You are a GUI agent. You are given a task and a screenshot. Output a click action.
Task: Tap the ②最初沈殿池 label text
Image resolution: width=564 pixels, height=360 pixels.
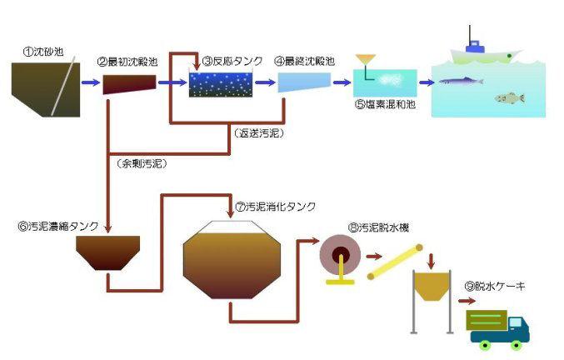click(x=127, y=62)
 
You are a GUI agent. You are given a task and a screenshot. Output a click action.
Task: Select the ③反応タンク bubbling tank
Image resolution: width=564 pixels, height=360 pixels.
click(x=220, y=84)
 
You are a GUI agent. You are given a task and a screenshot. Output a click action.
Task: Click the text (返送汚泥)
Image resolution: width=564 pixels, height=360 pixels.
click(x=255, y=132)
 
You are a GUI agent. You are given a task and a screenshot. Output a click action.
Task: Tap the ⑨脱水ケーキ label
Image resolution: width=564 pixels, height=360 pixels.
click(x=495, y=287)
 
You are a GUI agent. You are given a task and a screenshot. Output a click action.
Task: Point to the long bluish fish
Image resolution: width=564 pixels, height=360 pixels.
click(x=460, y=82)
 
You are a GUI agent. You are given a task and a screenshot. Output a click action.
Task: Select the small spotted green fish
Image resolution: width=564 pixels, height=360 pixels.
click(x=509, y=98)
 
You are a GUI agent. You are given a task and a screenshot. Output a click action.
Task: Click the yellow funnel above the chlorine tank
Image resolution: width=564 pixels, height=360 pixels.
click(x=365, y=61)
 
